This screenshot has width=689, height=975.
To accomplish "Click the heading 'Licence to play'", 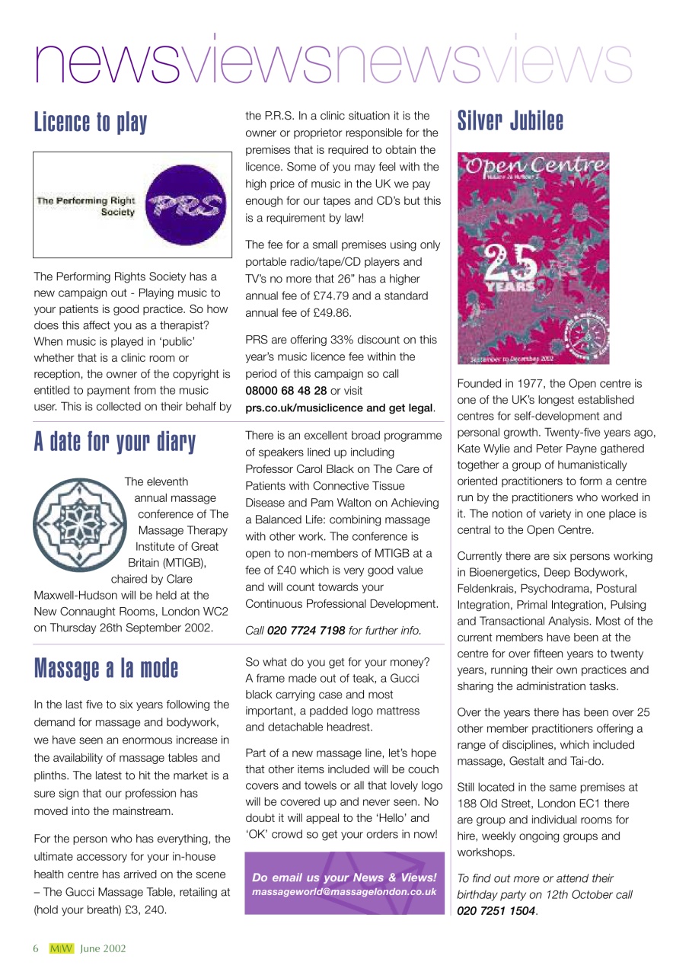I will [x=91, y=123].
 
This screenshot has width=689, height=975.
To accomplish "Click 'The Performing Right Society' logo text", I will [x=85, y=206].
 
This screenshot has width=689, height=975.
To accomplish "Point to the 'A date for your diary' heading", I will [x=114, y=442].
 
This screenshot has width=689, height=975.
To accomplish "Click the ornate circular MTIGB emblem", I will [x=76, y=524].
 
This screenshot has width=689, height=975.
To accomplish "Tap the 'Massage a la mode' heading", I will [x=106, y=668].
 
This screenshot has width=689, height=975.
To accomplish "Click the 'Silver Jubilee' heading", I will [x=510, y=121].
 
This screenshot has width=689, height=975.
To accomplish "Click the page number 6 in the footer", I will [x=35, y=948].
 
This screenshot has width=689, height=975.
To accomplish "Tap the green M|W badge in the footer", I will [x=61, y=948].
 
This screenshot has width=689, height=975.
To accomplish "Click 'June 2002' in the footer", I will [x=103, y=948].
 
